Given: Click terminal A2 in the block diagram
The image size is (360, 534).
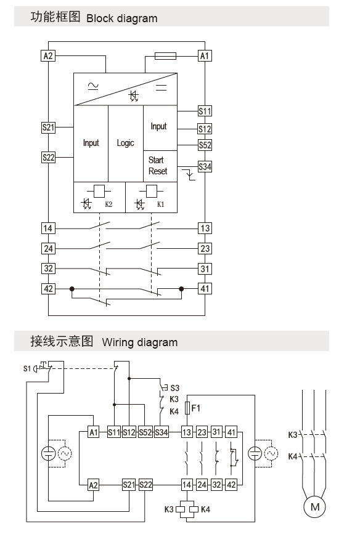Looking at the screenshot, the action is pyautogui.click(x=48, y=55).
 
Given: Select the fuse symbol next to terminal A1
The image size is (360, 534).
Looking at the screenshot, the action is pyautogui.click(x=165, y=56).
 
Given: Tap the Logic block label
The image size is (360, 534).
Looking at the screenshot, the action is pyautogui.click(x=126, y=143).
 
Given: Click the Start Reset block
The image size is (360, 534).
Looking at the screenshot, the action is pyautogui.click(x=160, y=166).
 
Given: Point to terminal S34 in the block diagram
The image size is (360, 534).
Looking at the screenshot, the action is pyautogui.click(x=205, y=166).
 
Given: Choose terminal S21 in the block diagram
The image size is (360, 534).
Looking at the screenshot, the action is pyautogui.click(x=48, y=127).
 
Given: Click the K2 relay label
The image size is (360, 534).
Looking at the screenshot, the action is pyautogui.click(x=108, y=204).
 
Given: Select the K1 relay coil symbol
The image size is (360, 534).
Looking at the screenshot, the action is pyautogui.click(x=152, y=191).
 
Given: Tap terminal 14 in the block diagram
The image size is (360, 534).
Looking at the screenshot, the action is pyautogui.click(x=48, y=228).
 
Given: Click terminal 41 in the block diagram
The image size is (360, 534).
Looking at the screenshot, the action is pyautogui.click(x=205, y=289).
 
